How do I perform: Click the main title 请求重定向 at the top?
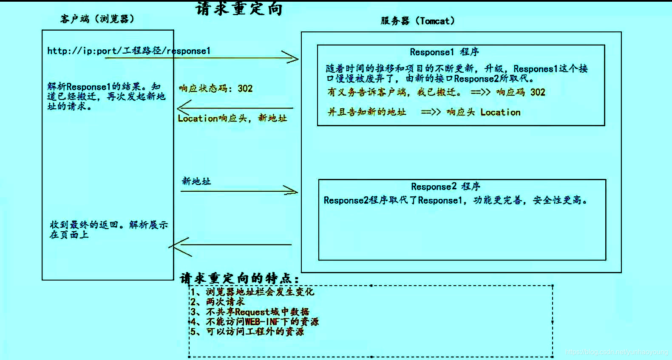pyautogui.click(x=239, y=9)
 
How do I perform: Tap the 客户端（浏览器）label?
pyautogui.click(x=97, y=19)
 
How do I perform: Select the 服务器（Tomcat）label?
pyautogui.click(x=417, y=21)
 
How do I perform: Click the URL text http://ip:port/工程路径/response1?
pyautogui.click(x=129, y=51)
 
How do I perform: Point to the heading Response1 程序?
pyautogui.click(x=444, y=52)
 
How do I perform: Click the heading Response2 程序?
pyautogui.click(x=445, y=187)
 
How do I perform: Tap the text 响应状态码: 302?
pyautogui.click(x=215, y=88)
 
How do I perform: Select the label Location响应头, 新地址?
pyautogui.click(x=232, y=118)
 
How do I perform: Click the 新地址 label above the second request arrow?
pyautogui.click(x=196, y=181)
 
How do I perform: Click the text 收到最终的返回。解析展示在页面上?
pyautogui.click(x=108, y=230)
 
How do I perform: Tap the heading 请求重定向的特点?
pyautogui.click(x=239, y=278)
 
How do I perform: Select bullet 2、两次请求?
pyautogui.click(x=218, y=302)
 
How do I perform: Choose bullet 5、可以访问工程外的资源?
pyautogui.click(x=247, y=332)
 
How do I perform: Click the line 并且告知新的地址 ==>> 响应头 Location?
pyautogui.click(x=424, y=112)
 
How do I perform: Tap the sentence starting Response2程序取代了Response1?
pyautogui.click(x=455, y=200)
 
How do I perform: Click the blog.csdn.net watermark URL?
pyautogui.click(x=616, y=352)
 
